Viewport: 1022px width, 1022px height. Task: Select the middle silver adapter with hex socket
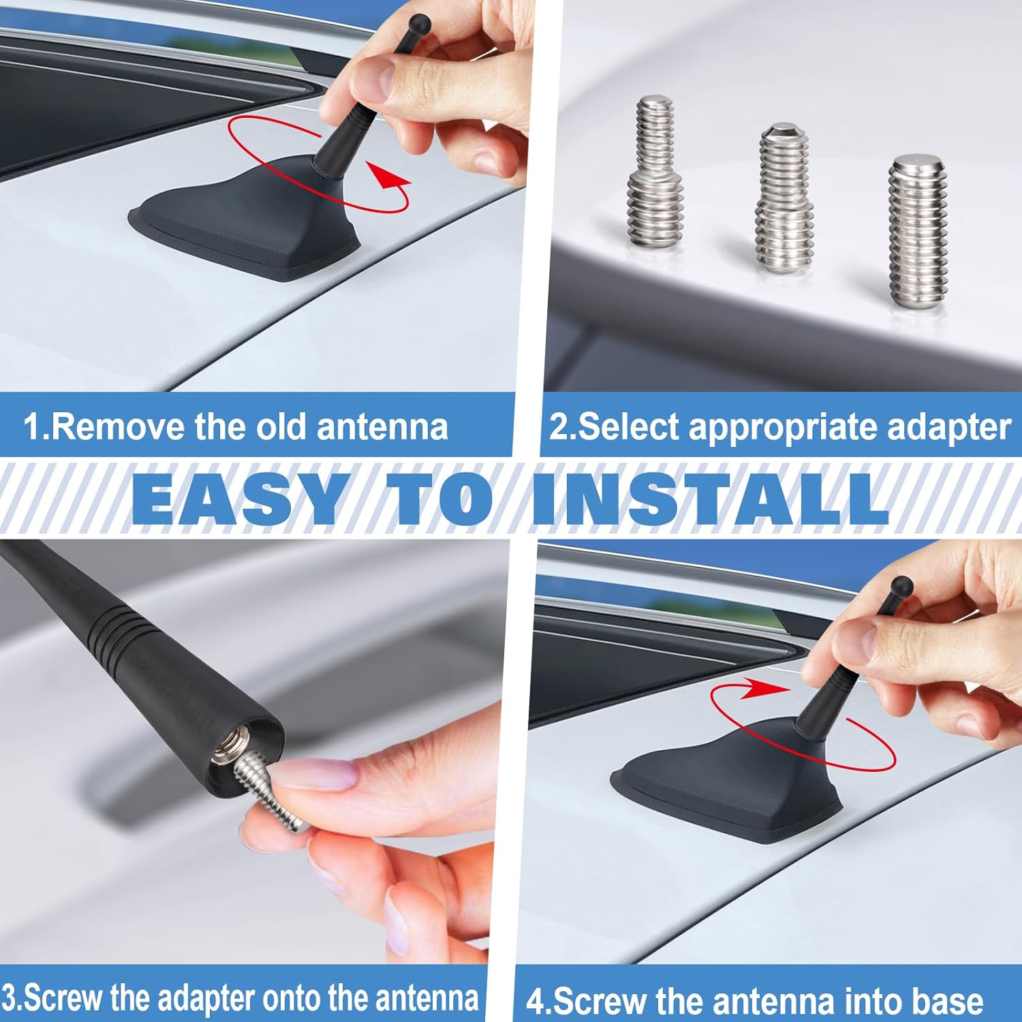[x=786, y=198]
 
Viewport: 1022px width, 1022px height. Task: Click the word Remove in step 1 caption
[x=119, y=427]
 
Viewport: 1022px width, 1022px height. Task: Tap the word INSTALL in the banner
[x=710, y=498]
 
